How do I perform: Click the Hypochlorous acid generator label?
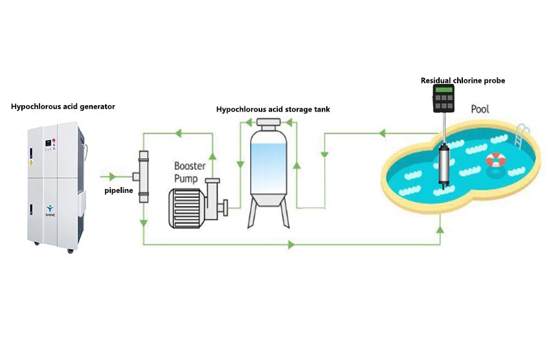pos(63,106)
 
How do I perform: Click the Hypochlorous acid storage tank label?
pos(273,110)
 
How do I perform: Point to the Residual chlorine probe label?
pos(463,81)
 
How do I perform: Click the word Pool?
pos(480,109)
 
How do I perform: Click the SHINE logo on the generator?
pos(50,210)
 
